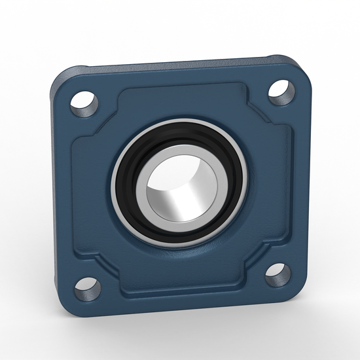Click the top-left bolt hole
click(x=85, y=101)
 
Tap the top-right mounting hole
click(x=280, y=90)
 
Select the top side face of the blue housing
click(x=177, y=63)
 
